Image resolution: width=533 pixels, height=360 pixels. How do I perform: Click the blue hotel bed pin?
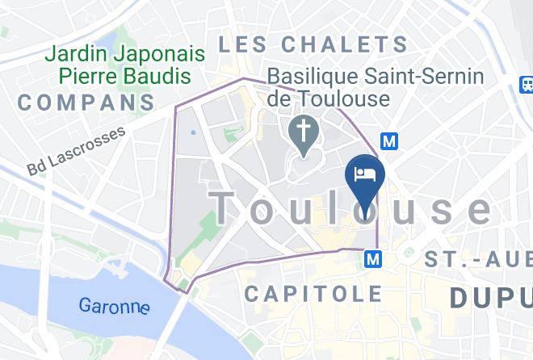pyautogui.click(x=365, y=176)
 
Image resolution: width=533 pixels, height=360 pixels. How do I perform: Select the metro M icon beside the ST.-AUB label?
pyautogui.click(x=373, y=259)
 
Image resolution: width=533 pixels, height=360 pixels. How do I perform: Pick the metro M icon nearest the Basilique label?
pyautogui.click(x=390, y=141)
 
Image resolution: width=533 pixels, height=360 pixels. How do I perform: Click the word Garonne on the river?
pyautogui.click(x=114, y=306)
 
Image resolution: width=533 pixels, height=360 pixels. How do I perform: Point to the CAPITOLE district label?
pyautogui.click(x=313, y=294)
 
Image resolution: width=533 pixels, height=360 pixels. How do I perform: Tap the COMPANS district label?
pyautogui.click(x=86, y=103)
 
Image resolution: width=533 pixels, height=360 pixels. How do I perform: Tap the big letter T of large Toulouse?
pyautogui.click(x=229, y=207)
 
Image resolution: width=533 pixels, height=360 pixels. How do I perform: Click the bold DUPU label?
pyautogui.click(x=490, y=298)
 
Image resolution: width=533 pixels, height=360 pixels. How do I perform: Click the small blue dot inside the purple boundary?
pyautogui.click(x=194, y=132)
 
